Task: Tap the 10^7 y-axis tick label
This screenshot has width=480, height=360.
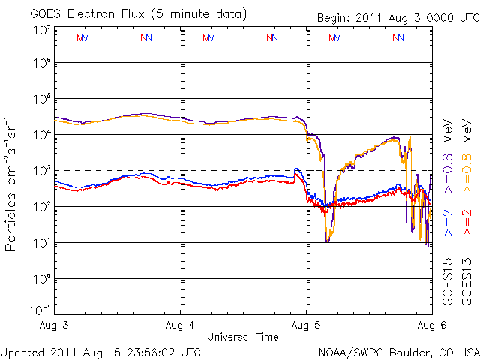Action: tap(40, 30)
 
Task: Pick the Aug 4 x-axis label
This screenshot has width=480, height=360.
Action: tap(181, 326)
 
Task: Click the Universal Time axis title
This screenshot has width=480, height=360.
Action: tap(243, 337)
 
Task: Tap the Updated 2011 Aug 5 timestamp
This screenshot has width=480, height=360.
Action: tap(101, 351)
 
